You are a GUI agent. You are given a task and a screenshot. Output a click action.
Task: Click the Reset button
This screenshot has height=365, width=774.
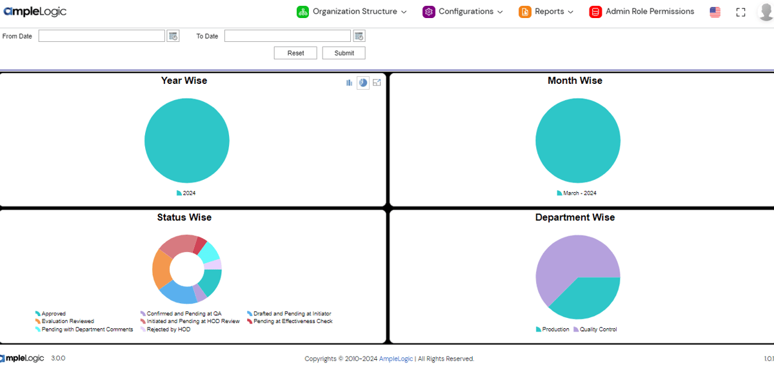tap(295, 53)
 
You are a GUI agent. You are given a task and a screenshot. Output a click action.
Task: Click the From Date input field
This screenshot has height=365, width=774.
tap(101, 36)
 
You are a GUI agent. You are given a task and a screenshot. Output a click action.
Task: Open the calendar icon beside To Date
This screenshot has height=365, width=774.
tap(359, 36)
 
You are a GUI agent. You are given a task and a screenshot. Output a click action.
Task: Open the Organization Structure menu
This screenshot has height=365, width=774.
tap(352, 12)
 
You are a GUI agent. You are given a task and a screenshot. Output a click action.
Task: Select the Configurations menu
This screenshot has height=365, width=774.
tap(462, 12)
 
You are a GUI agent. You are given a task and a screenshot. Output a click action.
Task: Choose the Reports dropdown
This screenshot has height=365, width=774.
tap(546, 12)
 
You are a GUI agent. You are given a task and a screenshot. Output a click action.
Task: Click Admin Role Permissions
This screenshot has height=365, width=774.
tap(642, 12)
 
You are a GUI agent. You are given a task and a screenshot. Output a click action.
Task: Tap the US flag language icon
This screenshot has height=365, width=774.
tap(715, 12)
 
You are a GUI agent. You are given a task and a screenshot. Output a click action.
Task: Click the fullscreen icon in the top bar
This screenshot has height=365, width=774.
tap(740, 12)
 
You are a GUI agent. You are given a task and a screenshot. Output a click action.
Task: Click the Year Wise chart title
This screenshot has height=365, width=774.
tap(184, 81)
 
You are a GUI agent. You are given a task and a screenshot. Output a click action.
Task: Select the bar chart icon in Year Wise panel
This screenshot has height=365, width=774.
tap(350, 83)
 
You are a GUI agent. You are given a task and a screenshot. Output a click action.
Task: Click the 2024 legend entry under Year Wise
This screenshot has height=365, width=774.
tap(186, 193)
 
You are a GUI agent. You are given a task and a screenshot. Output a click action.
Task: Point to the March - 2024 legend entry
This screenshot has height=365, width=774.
tap(577, 193)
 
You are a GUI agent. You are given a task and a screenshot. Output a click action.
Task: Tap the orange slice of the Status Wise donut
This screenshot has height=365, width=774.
tap(161, 268)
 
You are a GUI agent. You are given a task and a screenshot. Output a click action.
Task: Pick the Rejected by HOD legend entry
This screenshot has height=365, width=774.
tap(166, 330)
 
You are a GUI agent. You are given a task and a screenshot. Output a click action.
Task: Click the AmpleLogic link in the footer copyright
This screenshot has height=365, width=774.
tap(396, 359)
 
